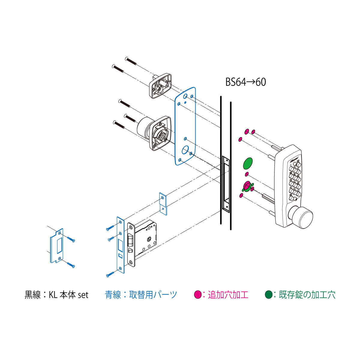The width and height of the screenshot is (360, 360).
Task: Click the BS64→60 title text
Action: coord(245,82)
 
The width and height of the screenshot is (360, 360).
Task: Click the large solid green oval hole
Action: coord(248,163)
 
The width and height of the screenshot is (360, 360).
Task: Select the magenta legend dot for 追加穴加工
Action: coord(198,295)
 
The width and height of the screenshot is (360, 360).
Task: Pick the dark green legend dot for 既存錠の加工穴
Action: coord(268,295)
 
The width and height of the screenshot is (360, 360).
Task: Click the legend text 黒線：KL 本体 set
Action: coord(56,295)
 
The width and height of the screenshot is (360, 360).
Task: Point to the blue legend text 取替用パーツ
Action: coord(153,295)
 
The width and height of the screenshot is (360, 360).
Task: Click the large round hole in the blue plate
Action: coord(185,150)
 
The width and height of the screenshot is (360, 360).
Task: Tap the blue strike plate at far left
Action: coord(57,246)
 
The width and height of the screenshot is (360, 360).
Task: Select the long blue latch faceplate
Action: coord(121,245)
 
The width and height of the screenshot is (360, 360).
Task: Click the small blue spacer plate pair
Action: coord(163,204)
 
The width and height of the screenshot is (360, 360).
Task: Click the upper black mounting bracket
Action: coord(160,85)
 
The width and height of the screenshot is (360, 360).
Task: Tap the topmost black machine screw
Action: coord(130,61)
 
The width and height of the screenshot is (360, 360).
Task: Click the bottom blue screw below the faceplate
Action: coord(110,274)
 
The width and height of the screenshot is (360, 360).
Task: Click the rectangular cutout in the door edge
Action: coord(226,184)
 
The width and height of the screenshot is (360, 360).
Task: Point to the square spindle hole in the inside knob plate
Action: coord(161,137)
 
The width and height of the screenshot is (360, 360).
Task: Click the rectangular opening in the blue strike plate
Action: coord(59,246)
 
